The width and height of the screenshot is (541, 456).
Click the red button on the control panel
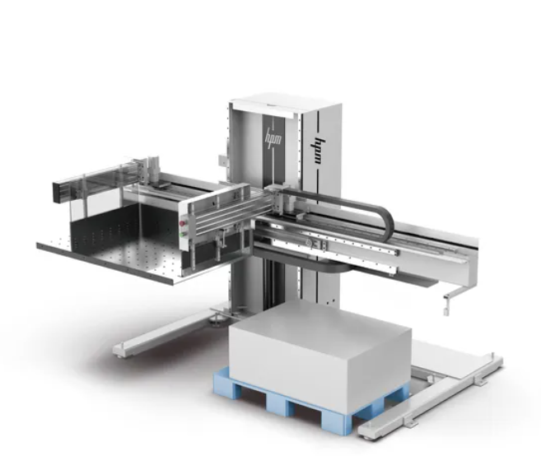pos(183,224)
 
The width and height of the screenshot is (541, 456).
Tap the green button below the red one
pos(182,235)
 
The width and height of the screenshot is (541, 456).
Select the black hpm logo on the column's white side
pos(321,151)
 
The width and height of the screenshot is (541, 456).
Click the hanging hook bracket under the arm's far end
pos(447,303)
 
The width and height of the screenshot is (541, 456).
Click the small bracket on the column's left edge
pos(223,161)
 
